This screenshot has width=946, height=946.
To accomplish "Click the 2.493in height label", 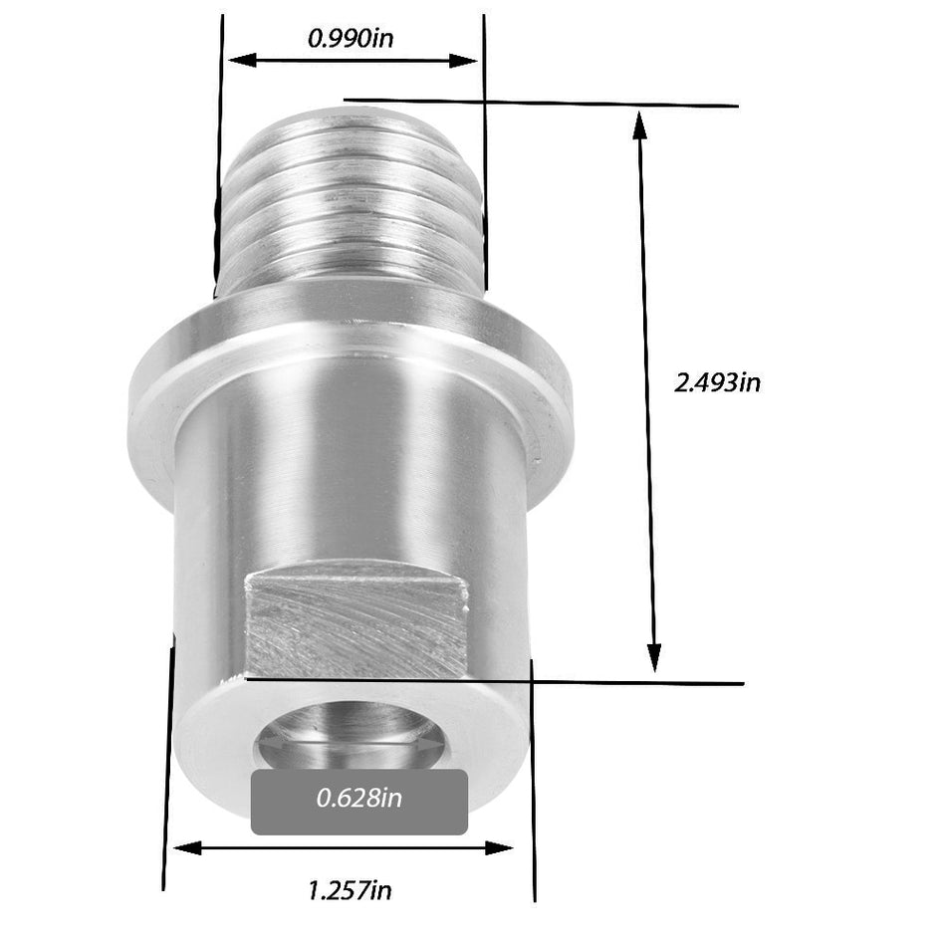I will (x=717, y=382).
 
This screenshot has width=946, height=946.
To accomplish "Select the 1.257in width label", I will (x=349, y=889).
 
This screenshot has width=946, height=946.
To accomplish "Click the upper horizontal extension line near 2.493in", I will (x=597, y=104).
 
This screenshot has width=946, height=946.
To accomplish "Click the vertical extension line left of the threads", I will (x=219, y=149).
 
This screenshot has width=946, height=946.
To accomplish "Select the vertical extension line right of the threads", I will (x=485, y=149).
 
